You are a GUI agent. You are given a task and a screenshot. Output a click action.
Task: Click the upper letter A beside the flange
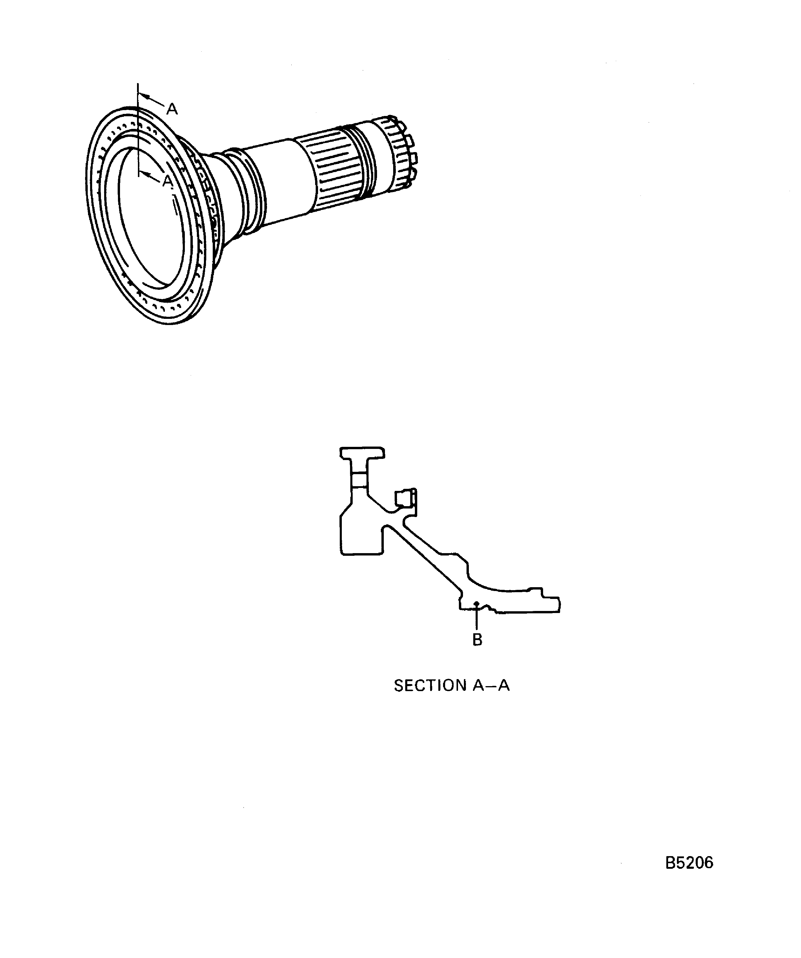(172, 109)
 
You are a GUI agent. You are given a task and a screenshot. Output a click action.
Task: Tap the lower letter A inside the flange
(168, 181)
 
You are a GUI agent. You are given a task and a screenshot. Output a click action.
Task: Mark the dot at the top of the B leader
(476, 604)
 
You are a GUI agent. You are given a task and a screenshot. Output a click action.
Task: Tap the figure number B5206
(689, 863)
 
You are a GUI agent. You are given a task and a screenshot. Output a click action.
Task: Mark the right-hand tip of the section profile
(560, 605)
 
